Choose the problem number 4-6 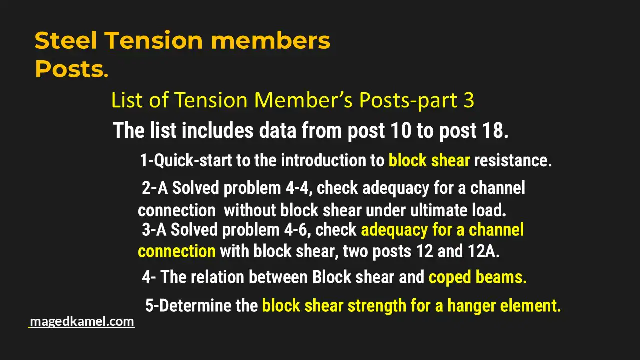pyautogui.click(x=295, y=230)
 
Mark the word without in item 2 pyautogui.click(x=250, y=210)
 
